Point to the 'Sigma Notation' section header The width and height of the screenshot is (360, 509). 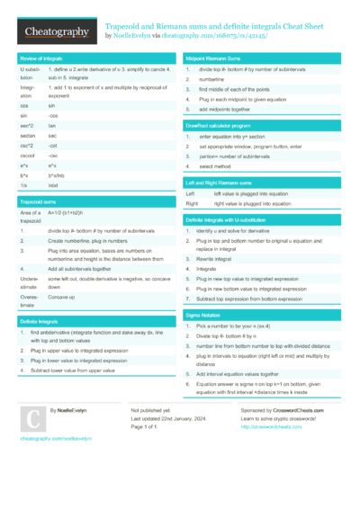click(x=202, y=317)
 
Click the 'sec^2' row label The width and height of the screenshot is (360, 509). click(x=26, y=127)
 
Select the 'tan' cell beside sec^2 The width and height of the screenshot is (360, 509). click(x=52, y=127)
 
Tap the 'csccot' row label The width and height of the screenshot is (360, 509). click(x=28, y=155)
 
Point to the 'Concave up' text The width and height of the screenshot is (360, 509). click(x=62, y=297)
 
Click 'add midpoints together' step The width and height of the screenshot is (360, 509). click(x=224, y=109)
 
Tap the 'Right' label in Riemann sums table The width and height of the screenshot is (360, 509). click(x=191, y=204)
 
